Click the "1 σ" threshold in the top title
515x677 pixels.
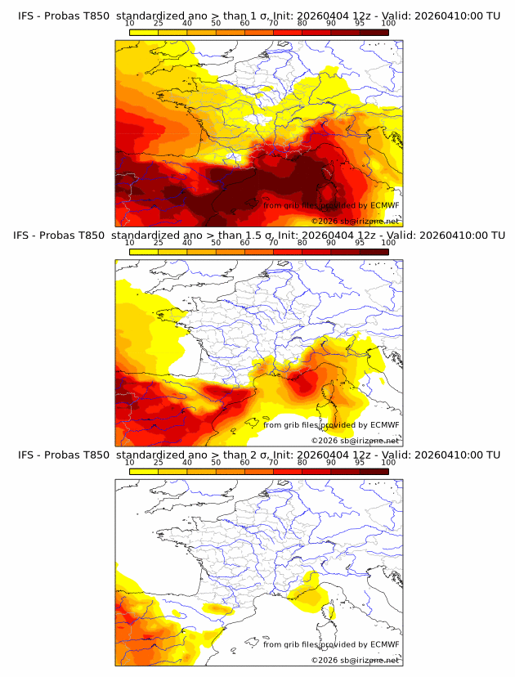[x=266, y=16]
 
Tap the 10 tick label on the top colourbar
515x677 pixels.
[x=129, y=24]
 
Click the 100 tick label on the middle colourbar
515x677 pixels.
[x=389, y=243]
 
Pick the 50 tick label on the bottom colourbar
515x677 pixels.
[x=216, y=462]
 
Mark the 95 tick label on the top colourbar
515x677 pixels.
[x=360, y=24]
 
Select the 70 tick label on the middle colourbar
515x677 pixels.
[x=273, y=243]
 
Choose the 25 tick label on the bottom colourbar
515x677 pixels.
[x=158, y=462]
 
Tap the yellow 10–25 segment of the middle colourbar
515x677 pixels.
[x=144, y=252]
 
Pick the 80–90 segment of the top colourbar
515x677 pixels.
[x=316, y=33]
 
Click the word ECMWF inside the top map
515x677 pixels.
[x=385, y=205]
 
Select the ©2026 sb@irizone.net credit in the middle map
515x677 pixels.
[x=356, y=440]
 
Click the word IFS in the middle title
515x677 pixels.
[x=27, y=235]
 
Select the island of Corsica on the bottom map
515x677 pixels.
[x=331, y=608]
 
